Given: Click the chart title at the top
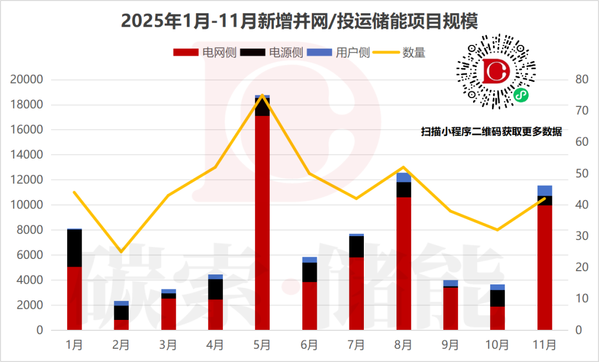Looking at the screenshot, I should (299, 21).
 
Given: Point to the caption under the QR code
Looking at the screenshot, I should (491, 132).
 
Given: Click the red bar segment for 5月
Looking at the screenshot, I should (262, 222).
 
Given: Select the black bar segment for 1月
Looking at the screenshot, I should (74, 248).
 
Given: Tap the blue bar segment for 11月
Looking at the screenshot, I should (545, 191).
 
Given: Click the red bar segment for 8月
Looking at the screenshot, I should (403, 263).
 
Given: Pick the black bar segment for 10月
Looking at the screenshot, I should (498, 298).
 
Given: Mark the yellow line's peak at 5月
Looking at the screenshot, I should (262, 95).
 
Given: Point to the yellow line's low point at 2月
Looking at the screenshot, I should (121, 252).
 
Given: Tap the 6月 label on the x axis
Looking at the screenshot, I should (309, 345).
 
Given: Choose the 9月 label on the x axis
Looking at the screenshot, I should (450, 345).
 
